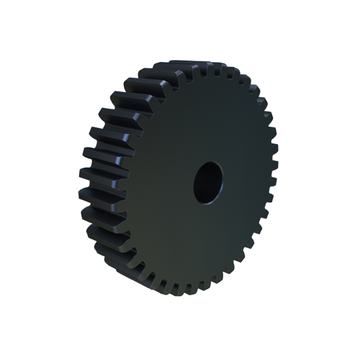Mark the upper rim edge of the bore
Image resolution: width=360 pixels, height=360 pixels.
(208, 162)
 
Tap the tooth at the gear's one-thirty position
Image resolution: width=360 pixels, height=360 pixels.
(256, 94)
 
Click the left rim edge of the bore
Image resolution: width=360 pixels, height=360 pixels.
(194, 182)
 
